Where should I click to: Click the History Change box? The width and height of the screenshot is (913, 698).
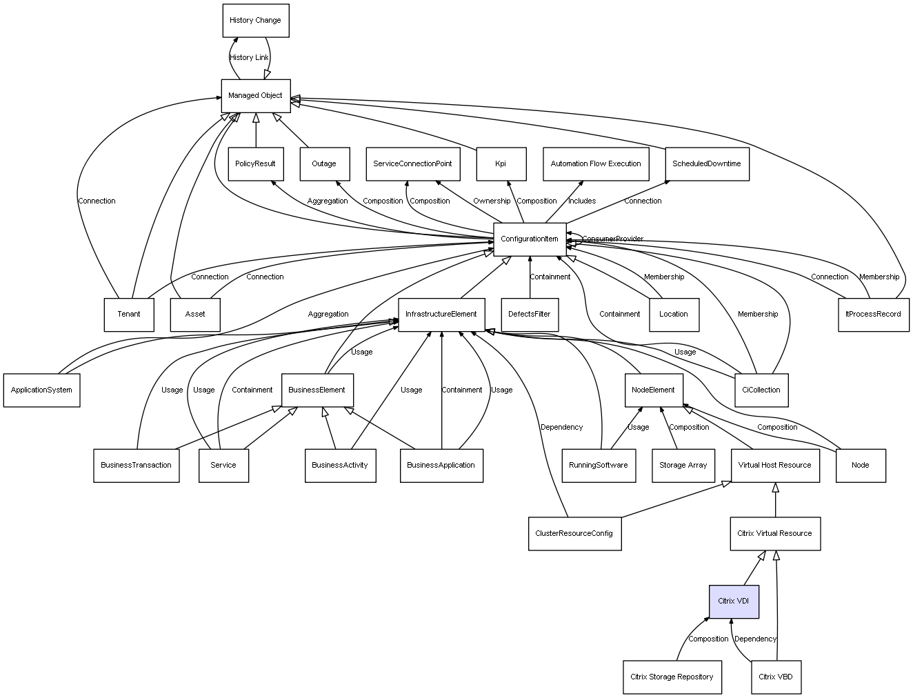[x=255, y=21]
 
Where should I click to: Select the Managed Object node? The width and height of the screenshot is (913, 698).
[x=255, y=95]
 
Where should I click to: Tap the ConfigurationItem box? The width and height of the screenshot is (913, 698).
[x=530, y=239]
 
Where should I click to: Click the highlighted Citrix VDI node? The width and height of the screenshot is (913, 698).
[x=734, y=601]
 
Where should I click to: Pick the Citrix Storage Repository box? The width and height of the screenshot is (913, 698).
[x=672, y=677]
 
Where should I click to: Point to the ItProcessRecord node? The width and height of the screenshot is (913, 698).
[x=873, y=315]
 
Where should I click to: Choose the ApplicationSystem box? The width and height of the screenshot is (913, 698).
[x=41, y=390]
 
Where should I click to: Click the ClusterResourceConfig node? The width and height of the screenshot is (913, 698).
[x=574, y=533]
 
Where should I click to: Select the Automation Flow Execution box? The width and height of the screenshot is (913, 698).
[x=596, y=164]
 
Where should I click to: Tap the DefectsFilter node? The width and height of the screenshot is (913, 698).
[x=530, y=315]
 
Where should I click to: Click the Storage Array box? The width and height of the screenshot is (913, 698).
[x=683, y=466]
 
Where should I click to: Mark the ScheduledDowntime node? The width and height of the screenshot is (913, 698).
[x=707, y=164]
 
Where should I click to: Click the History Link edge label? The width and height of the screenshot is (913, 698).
[x=249, y=58]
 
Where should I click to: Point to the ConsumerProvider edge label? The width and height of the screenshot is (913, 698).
[x=612, y=239]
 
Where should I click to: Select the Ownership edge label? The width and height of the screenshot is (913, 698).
[x=492, y=201]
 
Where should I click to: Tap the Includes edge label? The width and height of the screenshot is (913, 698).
[x=582, y=201]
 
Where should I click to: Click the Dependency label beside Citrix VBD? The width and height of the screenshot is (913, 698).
[x=755, y=639]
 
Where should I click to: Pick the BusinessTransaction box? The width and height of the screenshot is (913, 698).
[x=136, y=466]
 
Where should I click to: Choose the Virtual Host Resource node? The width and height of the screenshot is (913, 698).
[x=774, y=466]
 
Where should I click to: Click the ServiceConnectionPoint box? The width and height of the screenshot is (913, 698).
[x=412, y=164]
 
